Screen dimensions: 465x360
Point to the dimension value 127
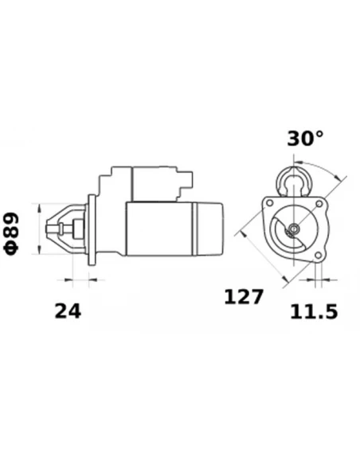pos(244,298)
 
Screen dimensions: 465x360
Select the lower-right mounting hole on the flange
pos(320,254)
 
